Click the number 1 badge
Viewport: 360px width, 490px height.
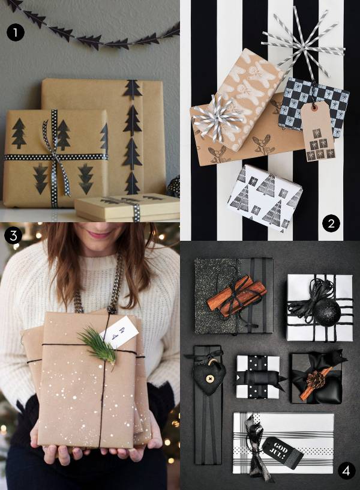coord(15,32)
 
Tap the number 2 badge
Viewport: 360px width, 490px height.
coord(331,224)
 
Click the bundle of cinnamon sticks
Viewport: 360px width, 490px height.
coord(236,294)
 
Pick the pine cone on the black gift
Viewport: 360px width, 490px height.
coord(316,380)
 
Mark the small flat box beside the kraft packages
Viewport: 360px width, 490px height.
coord(126,207)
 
